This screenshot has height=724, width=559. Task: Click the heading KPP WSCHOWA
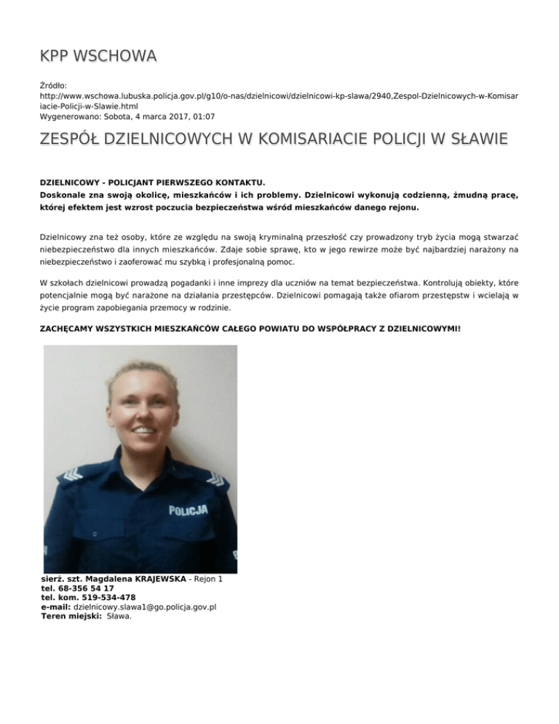(98, 56)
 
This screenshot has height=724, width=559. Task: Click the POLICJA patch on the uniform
(189, 510)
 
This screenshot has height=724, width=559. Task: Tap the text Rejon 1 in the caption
(207, 578)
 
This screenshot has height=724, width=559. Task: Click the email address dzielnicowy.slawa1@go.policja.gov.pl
(145, 607)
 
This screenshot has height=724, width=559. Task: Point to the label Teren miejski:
(71, 616)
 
